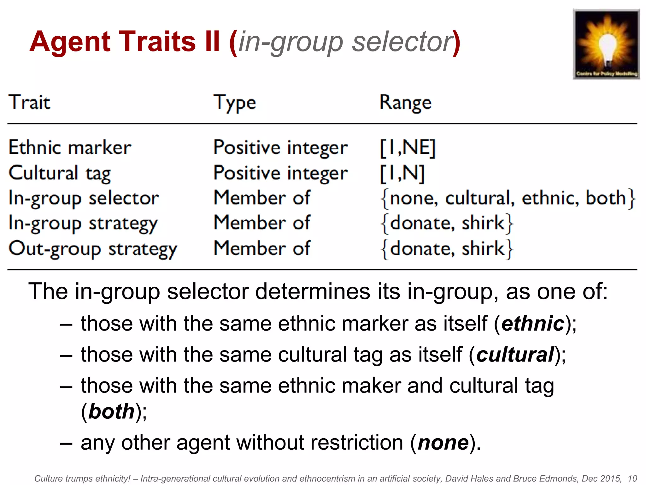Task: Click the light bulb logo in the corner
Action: [x=606, y=44]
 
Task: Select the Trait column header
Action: [x=29, y=102]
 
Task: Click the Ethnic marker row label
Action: [x=70, y=147]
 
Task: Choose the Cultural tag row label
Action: [x=60, y=173]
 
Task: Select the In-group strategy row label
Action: [x=83, y=224]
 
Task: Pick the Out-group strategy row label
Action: [x=93, y=249]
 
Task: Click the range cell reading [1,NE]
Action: [x=408, y=148]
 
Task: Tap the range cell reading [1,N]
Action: [x=402, y=173]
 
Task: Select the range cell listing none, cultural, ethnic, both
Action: [x=508, y=198]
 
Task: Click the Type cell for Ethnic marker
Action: [x=280, y=148]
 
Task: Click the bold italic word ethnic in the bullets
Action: [x=533, y=324]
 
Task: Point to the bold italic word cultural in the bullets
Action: [x=515, y=354]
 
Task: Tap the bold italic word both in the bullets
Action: [x=112, y=411]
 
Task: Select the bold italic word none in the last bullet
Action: [x=443, y=442]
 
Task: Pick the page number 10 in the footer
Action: [x=632, y=478]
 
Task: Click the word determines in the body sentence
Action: [x=312, y=291]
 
